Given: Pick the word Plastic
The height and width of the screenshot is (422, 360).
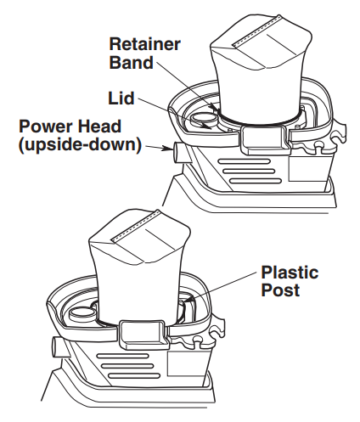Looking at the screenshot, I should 290,273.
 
